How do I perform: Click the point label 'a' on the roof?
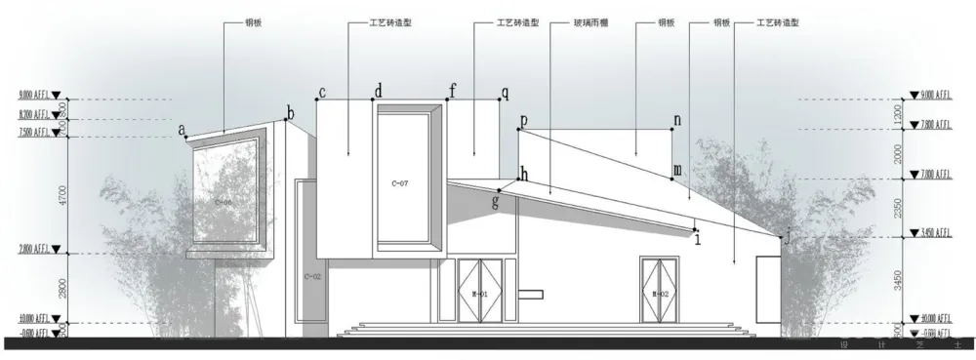point(183,128)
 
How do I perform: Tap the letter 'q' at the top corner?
point(505,94)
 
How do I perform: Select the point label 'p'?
point(523,121)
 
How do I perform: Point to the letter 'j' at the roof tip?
point(789,234)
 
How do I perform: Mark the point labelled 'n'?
point(676,120)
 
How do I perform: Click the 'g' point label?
point(496,202)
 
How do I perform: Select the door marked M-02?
point(659,293)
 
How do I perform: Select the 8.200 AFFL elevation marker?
point(35,115)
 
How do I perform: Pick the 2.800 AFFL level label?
point(35,251)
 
